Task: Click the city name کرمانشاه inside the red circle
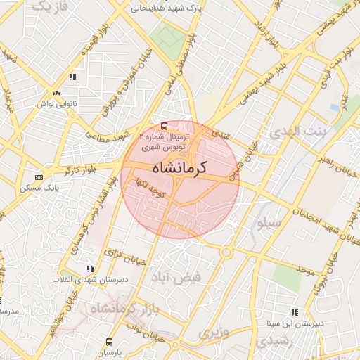[181, 169]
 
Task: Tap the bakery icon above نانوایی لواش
[56, 92]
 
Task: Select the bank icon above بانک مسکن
[39, 177]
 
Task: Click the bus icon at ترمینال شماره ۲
[165, 127]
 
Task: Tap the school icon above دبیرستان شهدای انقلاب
[89, 269]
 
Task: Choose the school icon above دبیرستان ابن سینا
[294, 312]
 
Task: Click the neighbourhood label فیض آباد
[180, 277]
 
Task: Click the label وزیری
[214, 332]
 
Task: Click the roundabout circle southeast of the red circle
[227, 252]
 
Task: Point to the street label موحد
[304, 269]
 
